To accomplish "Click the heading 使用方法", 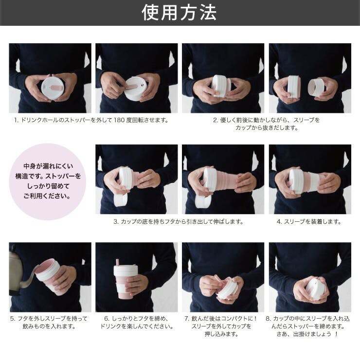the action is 179,13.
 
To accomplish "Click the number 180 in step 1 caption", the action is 119,120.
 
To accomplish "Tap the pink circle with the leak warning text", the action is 48,181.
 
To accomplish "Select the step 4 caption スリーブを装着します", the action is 309,222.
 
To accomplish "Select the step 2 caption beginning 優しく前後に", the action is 266,124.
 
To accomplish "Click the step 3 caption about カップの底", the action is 179,222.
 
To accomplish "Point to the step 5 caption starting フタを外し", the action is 49,323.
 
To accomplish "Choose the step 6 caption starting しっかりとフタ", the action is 137,323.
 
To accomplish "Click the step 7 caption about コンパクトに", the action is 221,326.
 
